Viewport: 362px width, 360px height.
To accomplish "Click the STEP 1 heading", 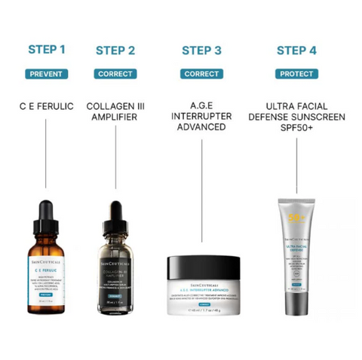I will [47, 50].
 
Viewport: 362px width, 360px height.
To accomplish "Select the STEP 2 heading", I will [115, 50].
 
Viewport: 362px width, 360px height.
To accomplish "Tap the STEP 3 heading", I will [201, 50].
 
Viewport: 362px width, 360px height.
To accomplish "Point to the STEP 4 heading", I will [296, 50].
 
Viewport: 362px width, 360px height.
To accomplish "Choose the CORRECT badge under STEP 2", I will [115, 74].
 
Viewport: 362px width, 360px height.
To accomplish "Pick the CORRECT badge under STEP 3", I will [201, 74].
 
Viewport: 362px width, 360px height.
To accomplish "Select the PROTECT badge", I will [296, 74].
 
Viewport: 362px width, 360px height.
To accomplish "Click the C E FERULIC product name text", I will [47, 106].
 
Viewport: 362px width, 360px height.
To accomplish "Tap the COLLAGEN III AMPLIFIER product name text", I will [115, 113].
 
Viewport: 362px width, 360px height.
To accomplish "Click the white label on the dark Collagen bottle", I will [115, 272].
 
